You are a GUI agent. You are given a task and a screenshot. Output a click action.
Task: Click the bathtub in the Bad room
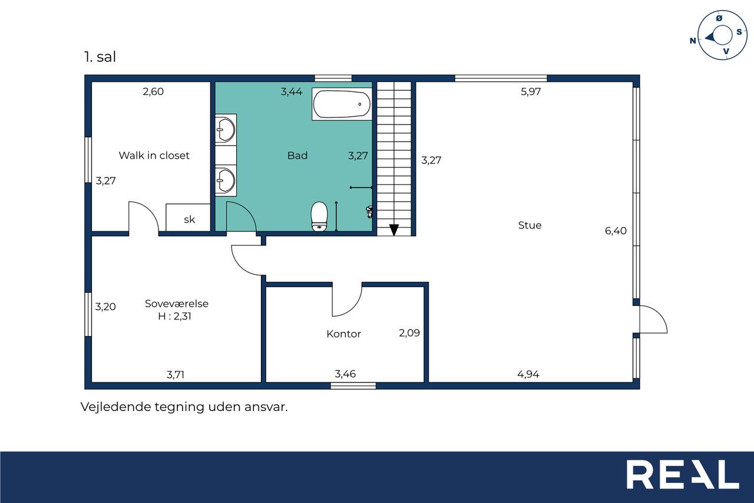(x=342, y=104)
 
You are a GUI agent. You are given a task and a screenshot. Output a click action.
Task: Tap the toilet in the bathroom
(x=319, y=216)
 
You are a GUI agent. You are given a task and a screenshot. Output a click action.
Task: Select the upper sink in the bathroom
(x=226, y=129)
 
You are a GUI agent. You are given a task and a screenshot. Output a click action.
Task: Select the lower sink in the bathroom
(x=226, y=181)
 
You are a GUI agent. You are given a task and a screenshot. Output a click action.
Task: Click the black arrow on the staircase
(x=394, y=230)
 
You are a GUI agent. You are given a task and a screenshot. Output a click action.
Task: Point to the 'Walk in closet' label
(x=154, y=155)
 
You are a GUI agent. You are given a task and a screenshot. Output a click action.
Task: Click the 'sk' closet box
(x=188, y=218)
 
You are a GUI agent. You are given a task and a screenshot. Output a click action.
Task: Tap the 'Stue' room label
(x=530, y=225)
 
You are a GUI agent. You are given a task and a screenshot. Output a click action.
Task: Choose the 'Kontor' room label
(x=343, y=334)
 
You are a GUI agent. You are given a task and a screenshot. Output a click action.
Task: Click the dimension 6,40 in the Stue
(x=616, y=231)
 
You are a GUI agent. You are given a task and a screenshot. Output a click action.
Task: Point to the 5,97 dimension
(x=531, y=91)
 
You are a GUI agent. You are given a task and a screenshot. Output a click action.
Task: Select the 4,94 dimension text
(x=528, y=374)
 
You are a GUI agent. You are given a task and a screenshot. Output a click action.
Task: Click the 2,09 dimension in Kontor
(x=409, y=333)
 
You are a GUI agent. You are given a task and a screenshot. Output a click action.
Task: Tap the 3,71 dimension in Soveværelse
(x=176, y=374)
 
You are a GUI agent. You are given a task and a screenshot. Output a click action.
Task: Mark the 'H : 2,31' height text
(x=175, y=316)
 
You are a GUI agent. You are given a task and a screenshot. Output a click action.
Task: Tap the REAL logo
(x=683, y=474)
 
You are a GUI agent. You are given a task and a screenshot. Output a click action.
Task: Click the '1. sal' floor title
(x=100, y=57)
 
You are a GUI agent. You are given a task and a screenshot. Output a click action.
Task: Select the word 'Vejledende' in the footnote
(x=116, y=407)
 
